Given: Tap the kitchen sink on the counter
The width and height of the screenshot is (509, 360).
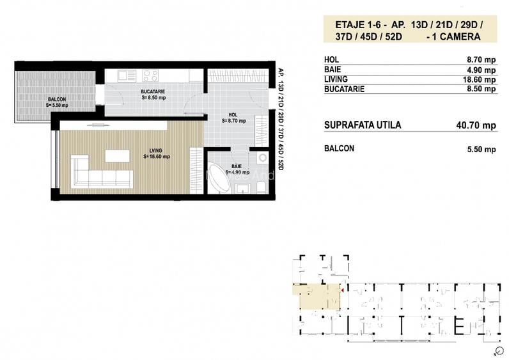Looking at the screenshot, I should (127, 75).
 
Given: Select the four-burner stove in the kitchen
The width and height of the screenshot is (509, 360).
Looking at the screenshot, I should (151, 75).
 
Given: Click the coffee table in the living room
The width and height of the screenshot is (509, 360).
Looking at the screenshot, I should (117, 155).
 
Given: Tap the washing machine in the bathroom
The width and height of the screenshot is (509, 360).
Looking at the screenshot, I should (263, 159).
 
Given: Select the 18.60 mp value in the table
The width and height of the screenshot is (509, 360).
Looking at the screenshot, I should (481, 80).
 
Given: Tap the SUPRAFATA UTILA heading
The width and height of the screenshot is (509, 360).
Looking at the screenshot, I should (363, 125).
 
